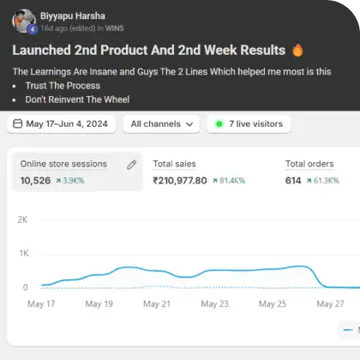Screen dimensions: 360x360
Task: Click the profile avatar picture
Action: (x=24, y=21)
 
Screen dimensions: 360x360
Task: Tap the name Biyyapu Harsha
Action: (x=73, y=16)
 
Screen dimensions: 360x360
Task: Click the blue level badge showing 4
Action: (x=33, y=29)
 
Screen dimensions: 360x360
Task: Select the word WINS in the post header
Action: (x=115, y=28)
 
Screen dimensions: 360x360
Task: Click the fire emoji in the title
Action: (x=297, y=50)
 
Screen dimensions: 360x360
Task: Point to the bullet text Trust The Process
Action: (x=63, y=86)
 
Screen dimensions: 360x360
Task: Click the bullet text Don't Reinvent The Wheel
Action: (x=77, y=99)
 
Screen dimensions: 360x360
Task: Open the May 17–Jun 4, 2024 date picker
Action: (x=61, y=124)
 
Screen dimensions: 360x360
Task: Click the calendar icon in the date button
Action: (x=18, y=123)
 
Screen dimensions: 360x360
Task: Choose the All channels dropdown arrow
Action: (x=189, y=124)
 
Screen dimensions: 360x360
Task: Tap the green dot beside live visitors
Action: (x=219, y=124)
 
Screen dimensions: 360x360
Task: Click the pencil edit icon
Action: (x=132, y=165)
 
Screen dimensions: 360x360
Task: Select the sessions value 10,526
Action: (x=35, y=181)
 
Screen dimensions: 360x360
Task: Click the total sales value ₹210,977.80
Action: (x=180, y=181)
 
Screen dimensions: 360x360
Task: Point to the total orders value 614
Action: (x=293, y=181)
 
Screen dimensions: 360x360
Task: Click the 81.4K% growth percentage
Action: (x=232, y=181)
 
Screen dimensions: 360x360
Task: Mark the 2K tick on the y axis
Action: (x=22, y=219)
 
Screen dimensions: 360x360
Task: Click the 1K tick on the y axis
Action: (x=24, y=253)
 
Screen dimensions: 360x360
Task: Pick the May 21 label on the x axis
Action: (x=157, y=303)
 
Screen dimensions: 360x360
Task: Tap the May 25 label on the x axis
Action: (x=273, y=303)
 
